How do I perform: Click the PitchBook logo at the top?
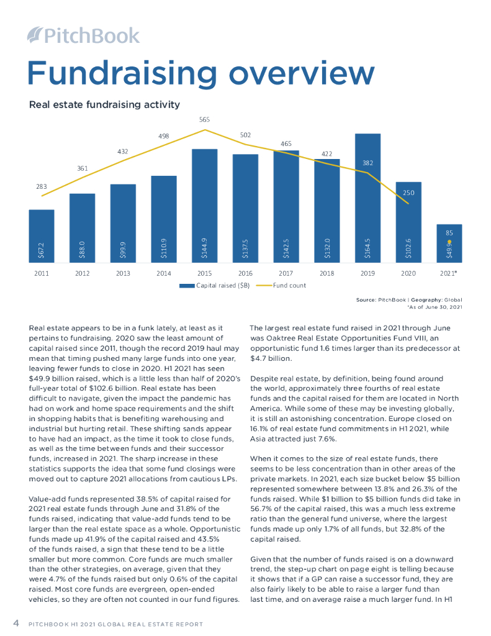(84, 35)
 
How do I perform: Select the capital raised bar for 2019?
(367, 199)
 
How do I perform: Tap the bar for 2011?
(42, 236)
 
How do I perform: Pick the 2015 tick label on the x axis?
(204, 273)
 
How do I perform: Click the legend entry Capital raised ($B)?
(215, 286)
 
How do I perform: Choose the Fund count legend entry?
(289, 286)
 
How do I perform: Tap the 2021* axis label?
(450, 273)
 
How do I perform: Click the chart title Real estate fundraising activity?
(104, 104)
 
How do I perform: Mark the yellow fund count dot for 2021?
(449, 242)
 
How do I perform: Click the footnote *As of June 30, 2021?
(435, 307)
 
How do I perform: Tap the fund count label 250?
(408, 193)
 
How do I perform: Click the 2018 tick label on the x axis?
(327, 273)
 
